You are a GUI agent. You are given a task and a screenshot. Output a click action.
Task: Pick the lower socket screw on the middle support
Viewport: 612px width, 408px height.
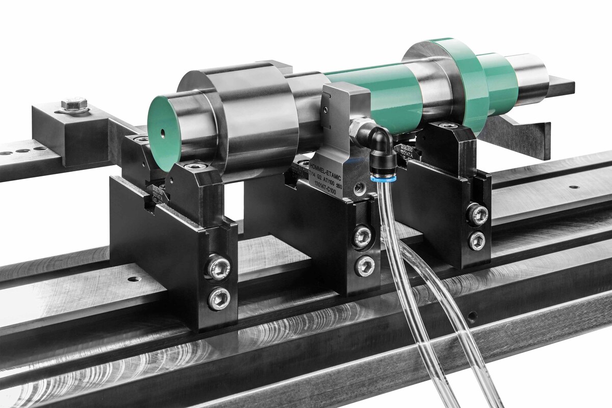[x=363, y=266]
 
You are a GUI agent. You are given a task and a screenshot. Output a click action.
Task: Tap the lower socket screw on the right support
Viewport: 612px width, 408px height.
[x=477, y=240]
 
